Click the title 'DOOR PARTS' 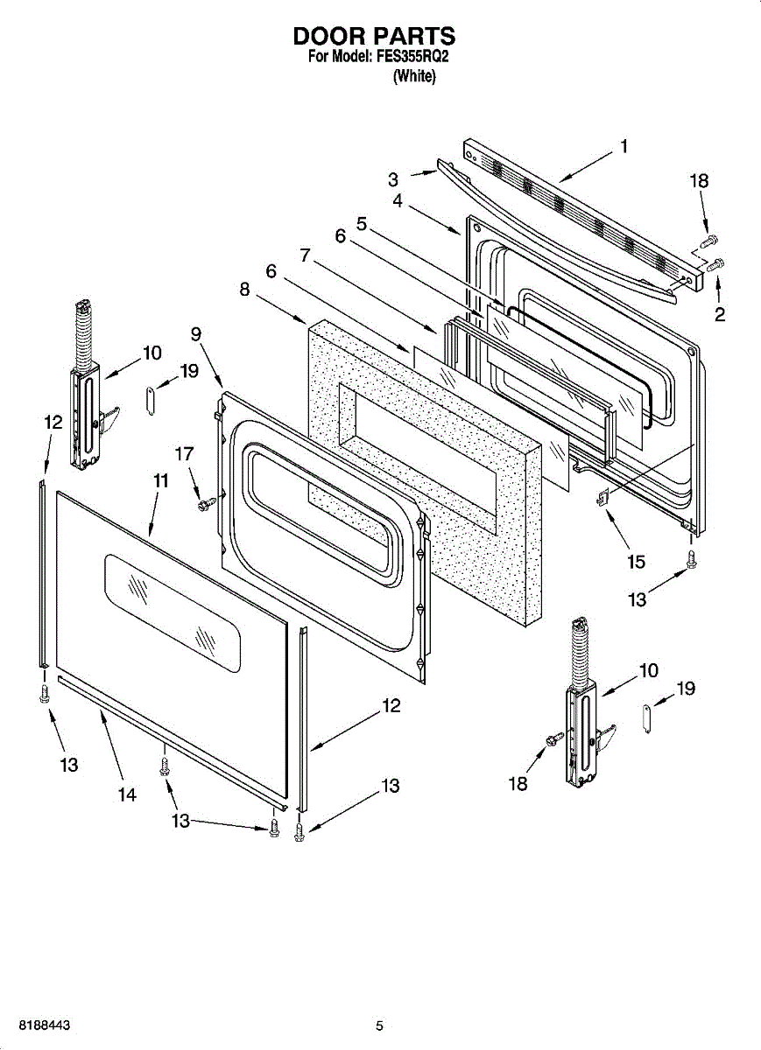[x=374, y=36]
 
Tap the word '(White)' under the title [x=414, y=76]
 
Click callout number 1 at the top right [x=624, y=146]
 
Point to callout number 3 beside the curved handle [x=393, y=180]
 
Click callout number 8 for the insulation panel [x=244, y=290]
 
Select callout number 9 [x=195, y=333]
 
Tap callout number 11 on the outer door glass [x=160, y=480]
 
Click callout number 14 [x=127, y=794]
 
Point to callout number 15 [x=636, y=562]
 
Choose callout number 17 [x=184, y=454]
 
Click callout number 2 [x=720, y=313]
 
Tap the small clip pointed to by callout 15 [x=602, y=496]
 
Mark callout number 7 [x=305, y=255]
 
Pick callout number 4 [x=398, y=200]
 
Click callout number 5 [x=362, y=224]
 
